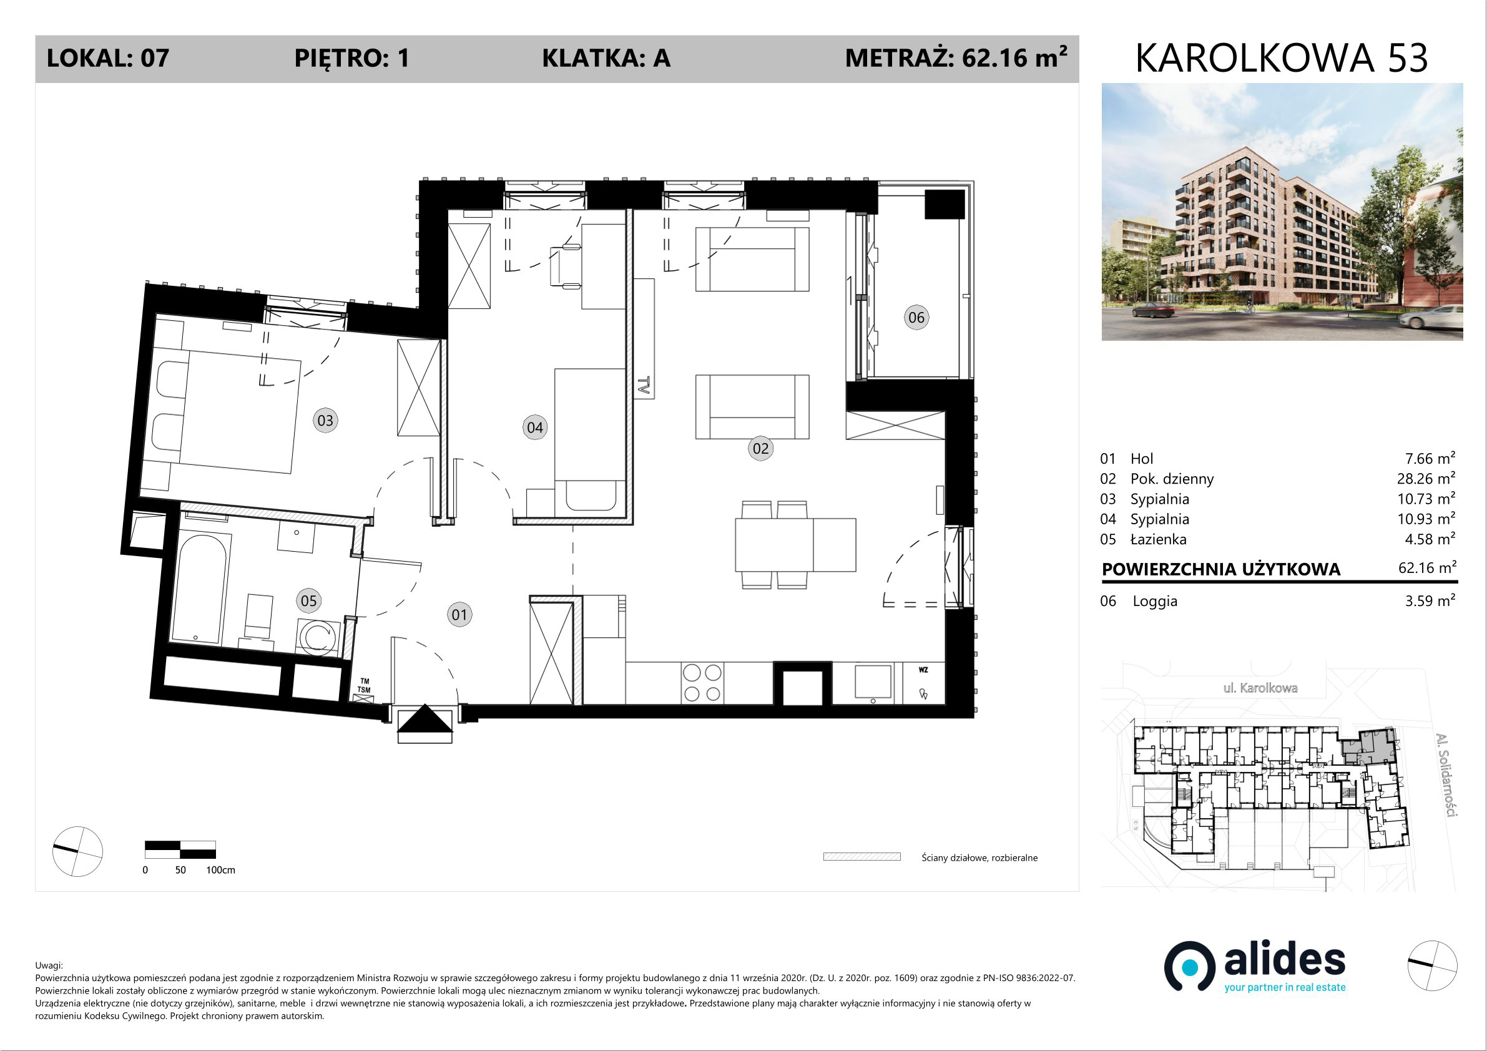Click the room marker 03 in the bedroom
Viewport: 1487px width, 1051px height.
point(325,420)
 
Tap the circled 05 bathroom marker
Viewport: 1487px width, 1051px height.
point(309,600)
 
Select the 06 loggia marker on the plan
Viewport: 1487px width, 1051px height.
point(916,317)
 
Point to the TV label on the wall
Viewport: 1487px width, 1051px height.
point(643,386)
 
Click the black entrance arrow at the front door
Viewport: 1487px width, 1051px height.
point(425,719)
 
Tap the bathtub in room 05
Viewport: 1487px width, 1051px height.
point(202,588)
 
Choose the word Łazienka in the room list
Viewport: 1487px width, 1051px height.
point(1159,539)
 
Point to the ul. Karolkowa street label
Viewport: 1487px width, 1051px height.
point(1260,688)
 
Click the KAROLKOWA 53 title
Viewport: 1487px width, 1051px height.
point(1282,58)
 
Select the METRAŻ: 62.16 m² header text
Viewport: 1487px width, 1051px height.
point(956,57)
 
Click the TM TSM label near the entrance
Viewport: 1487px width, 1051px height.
point(365,686)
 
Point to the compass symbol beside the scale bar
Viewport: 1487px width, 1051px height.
point(77,851)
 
